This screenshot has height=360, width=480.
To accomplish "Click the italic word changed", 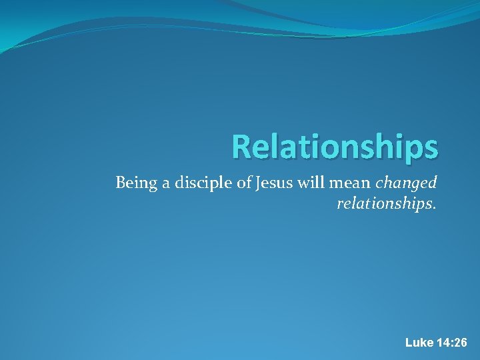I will click(x=406, y=183).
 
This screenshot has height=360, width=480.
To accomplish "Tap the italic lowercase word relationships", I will click(x=385, y=203).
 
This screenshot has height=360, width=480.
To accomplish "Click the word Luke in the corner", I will click(x=419, y=343).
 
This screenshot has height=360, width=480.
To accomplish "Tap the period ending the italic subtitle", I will click(x=435, y=207).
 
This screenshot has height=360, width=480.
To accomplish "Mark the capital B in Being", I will click(x=120, y=183).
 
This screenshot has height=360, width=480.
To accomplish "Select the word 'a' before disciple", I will click(x=158, y=184).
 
